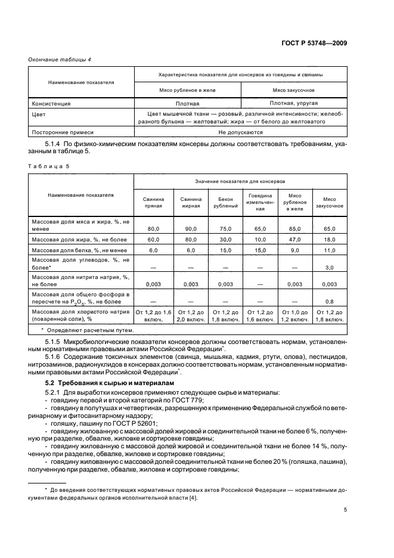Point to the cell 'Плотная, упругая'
click(294, 103)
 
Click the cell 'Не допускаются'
click(241, 132)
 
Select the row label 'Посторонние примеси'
click(63, 132)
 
